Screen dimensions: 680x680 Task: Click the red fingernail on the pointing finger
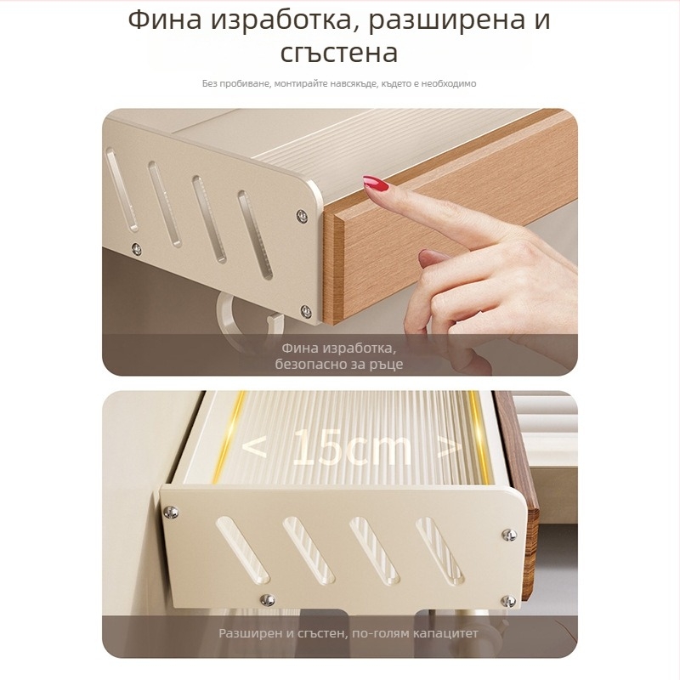coord(376,184)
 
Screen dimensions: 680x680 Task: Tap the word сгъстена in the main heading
coord(338,53)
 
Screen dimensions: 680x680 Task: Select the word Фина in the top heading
coord(165,20)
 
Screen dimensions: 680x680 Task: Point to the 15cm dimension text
coord(351,448)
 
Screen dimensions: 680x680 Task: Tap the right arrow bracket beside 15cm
coord(450,447)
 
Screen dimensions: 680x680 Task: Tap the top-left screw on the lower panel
coord(171,512)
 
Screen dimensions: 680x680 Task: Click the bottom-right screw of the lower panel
coord(507,602)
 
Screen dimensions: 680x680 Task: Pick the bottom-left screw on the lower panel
coord(268,600)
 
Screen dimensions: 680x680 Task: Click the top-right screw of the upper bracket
coord(302,216)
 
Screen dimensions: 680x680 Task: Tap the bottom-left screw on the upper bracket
coord(137,248)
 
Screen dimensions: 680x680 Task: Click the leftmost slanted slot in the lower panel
coord(242,549)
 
